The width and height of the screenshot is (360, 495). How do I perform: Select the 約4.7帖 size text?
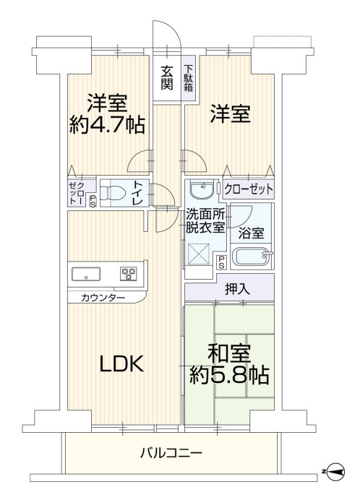(x=107, y=124)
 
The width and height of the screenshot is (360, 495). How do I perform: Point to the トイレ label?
(x=137, y=192)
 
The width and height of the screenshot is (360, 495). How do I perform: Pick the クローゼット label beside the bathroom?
(x=249, y=189)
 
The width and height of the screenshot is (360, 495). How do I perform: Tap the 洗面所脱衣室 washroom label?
(x=205, y=220)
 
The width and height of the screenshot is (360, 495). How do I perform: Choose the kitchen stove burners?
(x=129, y=273)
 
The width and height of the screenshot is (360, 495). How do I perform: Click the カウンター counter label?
(x=103, y=298)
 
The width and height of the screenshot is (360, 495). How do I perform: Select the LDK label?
(x=121, y=363)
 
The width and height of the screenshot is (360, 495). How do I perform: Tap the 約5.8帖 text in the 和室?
(x=229, y=374)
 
